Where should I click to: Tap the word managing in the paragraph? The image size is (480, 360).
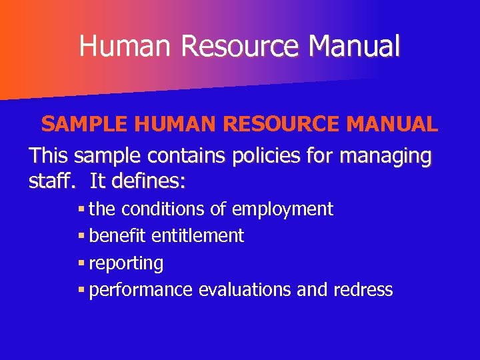(x=385, y=157)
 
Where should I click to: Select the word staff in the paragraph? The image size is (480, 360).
(x=49, y=181)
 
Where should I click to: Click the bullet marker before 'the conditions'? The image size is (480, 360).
(x=81, y=209)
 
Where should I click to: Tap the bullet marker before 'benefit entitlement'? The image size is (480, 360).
(x=81, y=236)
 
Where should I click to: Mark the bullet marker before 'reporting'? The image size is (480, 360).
(x=81, y=263)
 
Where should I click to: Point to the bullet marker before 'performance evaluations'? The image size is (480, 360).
(x=81, y=290)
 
